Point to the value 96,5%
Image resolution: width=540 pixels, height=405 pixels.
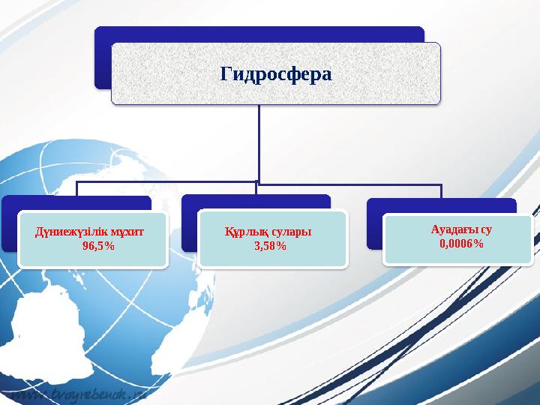click(98, 246)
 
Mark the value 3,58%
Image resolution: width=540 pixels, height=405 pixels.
click(270, 245)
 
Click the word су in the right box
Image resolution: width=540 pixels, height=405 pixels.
click(487, 230)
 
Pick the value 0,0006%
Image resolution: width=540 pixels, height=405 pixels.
click(461, 244)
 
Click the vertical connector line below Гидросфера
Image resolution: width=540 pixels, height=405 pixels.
click(259, 142)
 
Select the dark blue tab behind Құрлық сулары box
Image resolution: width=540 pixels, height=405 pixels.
click(255, 202)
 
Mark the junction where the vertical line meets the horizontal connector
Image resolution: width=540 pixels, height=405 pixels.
click(259, 181)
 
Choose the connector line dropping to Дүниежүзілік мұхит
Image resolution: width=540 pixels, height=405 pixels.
click(76, 189)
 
